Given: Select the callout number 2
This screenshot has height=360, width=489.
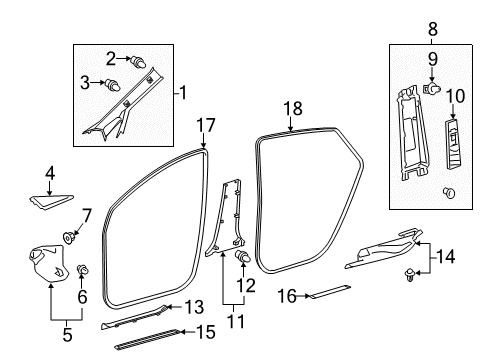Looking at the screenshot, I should (111, 58).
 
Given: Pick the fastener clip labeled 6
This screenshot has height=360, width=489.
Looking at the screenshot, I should (82, 269).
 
